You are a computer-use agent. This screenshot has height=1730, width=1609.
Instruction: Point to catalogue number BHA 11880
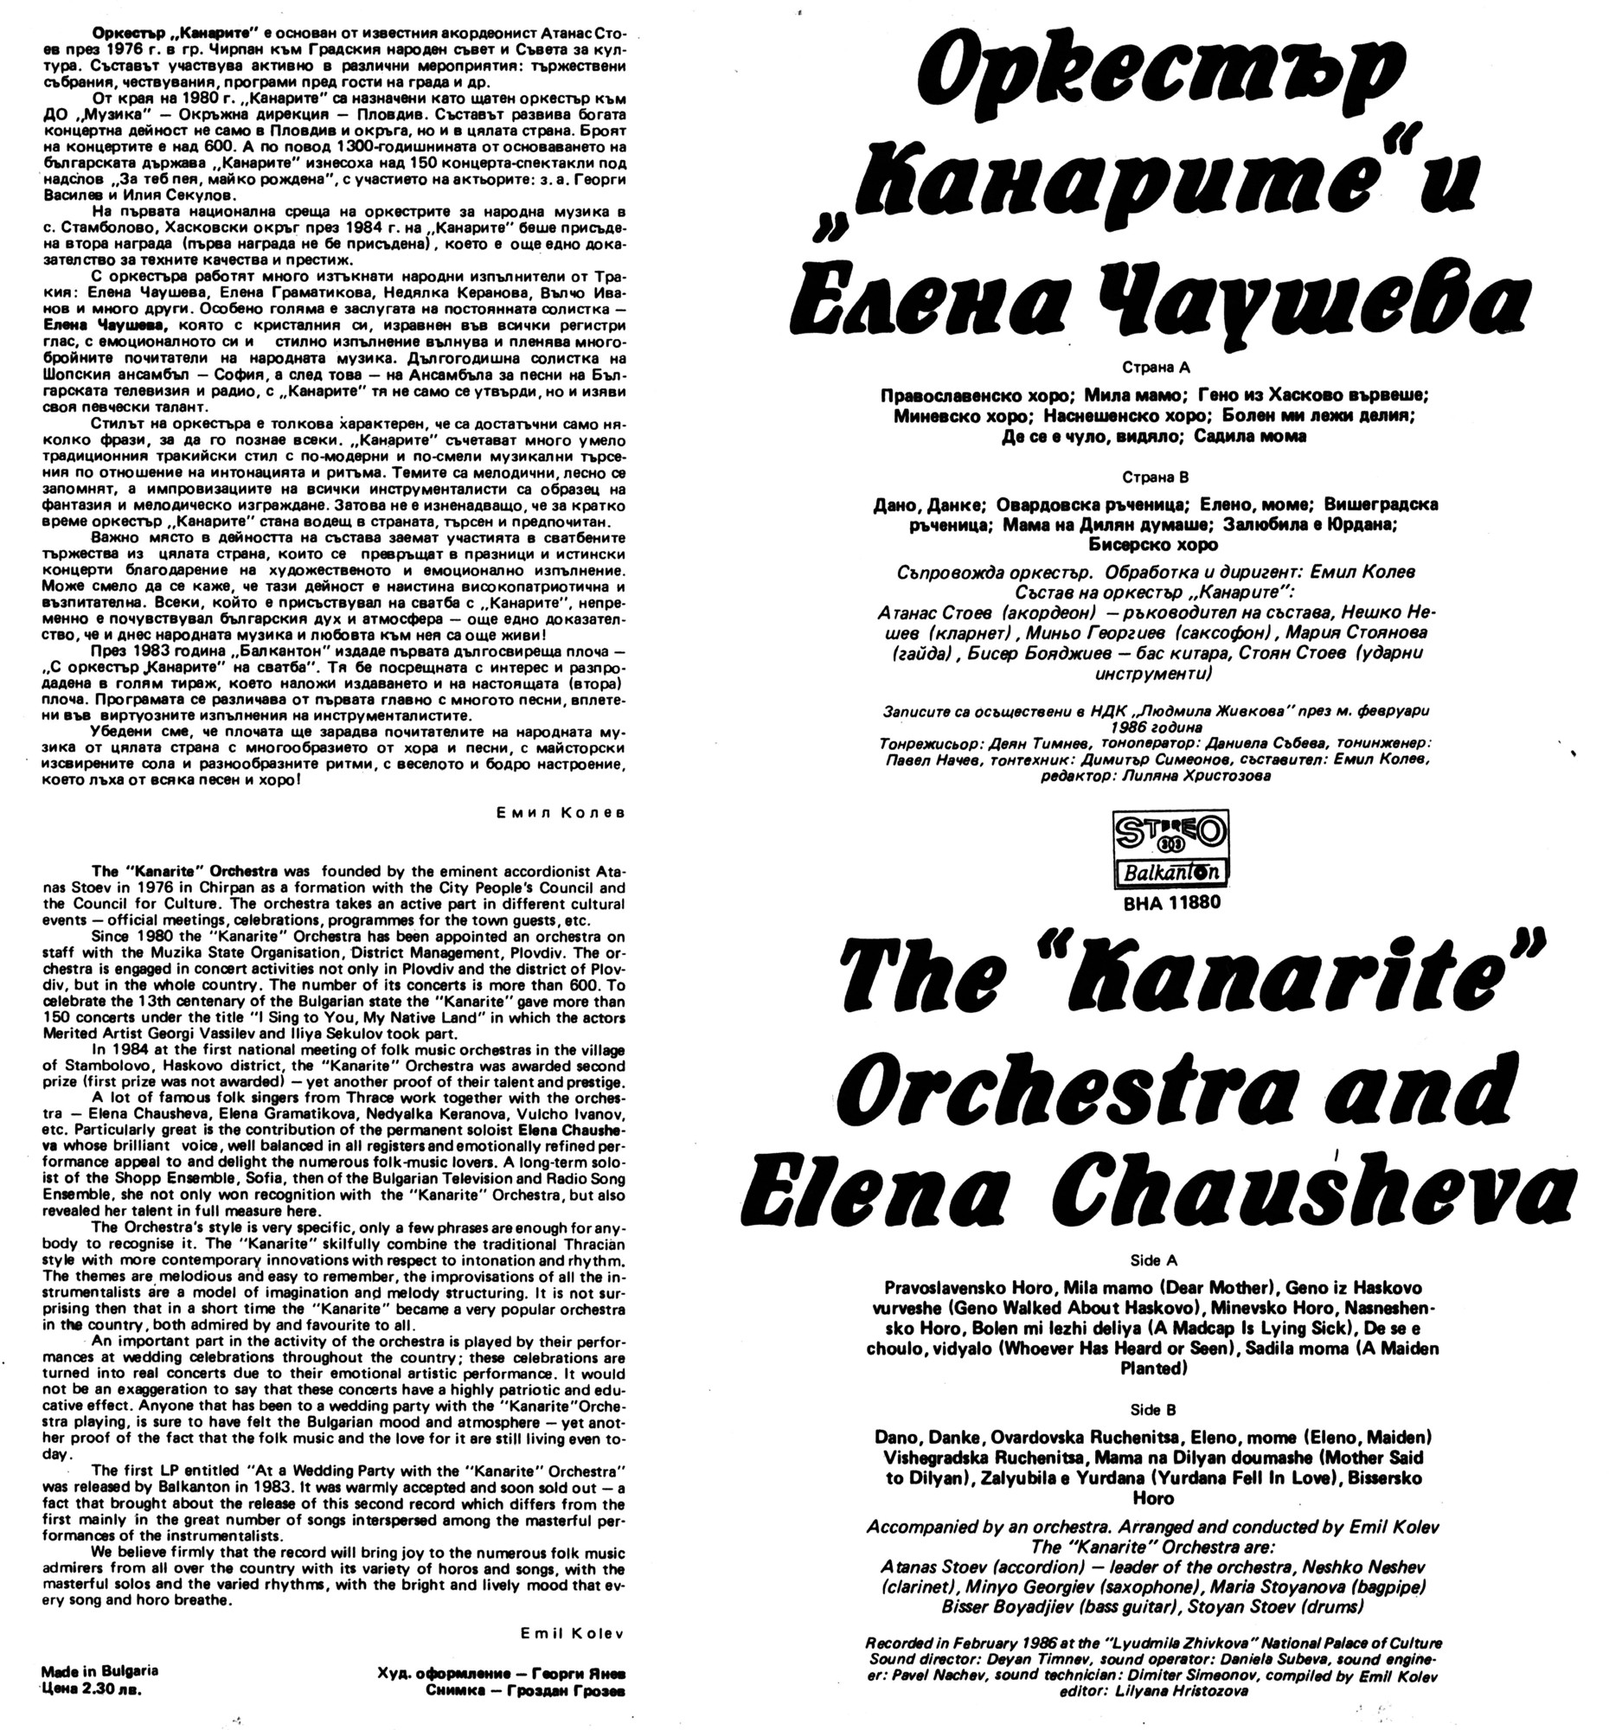1171,902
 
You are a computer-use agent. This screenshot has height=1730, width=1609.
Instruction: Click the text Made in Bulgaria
99,1671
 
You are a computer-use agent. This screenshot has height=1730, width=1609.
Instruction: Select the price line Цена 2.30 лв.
90,1690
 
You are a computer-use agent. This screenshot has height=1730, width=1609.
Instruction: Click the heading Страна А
1155,368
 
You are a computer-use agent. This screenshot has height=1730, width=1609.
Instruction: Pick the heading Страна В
1155,477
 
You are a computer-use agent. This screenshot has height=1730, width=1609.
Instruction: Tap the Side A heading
1153,1260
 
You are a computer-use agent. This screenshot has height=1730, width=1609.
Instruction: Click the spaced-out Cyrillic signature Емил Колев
561,813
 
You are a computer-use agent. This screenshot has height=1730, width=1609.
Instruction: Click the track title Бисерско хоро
1154,545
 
